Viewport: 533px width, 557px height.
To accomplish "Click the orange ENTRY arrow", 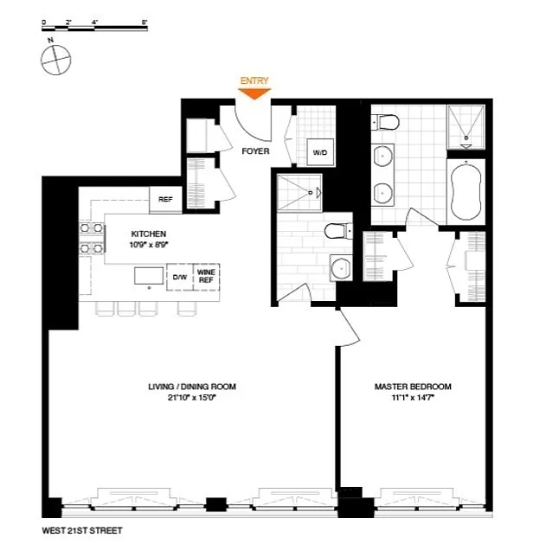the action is pyautogui.click(x=254, y=93).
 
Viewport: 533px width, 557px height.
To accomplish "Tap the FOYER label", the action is pyautogui.click(x=255, y=151).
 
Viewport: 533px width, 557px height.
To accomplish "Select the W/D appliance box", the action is pyautogui.click(x=320, y=152).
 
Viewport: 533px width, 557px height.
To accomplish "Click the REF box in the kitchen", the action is pyautogui.click(x=165, y=200).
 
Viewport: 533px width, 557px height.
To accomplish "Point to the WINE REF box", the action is pyautogui.click(x=206, y=277).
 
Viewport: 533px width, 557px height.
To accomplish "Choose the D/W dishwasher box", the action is pyautogui.click(x=180, y=277).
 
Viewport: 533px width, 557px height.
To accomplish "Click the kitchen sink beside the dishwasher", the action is pyautogui.click(x=149, y=276).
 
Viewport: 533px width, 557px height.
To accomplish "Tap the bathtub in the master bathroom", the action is pyautogui.click(x=466, y=192).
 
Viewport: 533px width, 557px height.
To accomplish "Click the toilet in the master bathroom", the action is pyautogui.click(x=385, y=122).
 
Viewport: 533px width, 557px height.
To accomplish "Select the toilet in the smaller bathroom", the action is pyautogui.click(x=338, y=231).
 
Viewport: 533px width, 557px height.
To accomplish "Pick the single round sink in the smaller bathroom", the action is pyautogui.click(x=341, y=268).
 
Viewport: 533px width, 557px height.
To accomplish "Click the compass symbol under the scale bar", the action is pyautogui.click(x=55, y=60).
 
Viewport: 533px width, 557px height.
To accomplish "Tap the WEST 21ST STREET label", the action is pyautogui.click(x=82, y=531).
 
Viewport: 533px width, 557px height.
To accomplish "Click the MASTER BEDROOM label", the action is pyautogui.click(x=413, y=387).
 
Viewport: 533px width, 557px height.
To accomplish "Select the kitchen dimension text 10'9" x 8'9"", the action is pyautogui.click(x=149, y=245).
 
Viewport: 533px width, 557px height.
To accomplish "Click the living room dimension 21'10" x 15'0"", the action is pyautogui.click(x=192, y=398).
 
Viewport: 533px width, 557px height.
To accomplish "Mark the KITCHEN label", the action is pyautogui.click(x=149, y=234).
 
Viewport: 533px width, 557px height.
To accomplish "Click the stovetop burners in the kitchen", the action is pyautogui.click(x=92, y=238).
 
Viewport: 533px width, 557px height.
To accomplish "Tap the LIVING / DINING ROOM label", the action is pyautogui.click(x=192, y=387).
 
